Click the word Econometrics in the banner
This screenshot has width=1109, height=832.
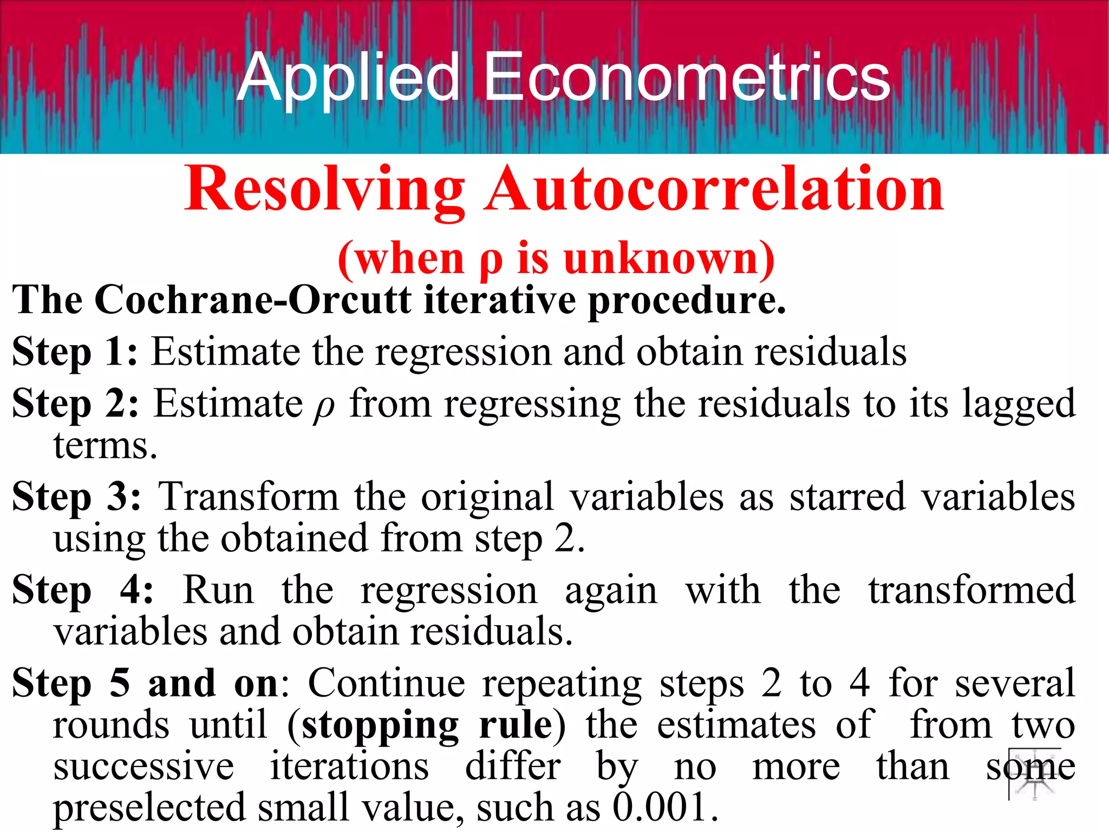(x=687, y=77)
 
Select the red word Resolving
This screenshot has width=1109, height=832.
(x=324, y=190)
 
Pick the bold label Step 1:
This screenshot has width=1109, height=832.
(x=75, y=352)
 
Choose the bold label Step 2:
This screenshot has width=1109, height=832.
(x=75, y=404)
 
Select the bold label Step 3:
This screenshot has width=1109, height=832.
(x=76, y=497)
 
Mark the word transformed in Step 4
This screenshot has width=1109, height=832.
(x=972, y=590)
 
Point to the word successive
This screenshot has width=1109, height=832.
(x=143, y=766)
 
